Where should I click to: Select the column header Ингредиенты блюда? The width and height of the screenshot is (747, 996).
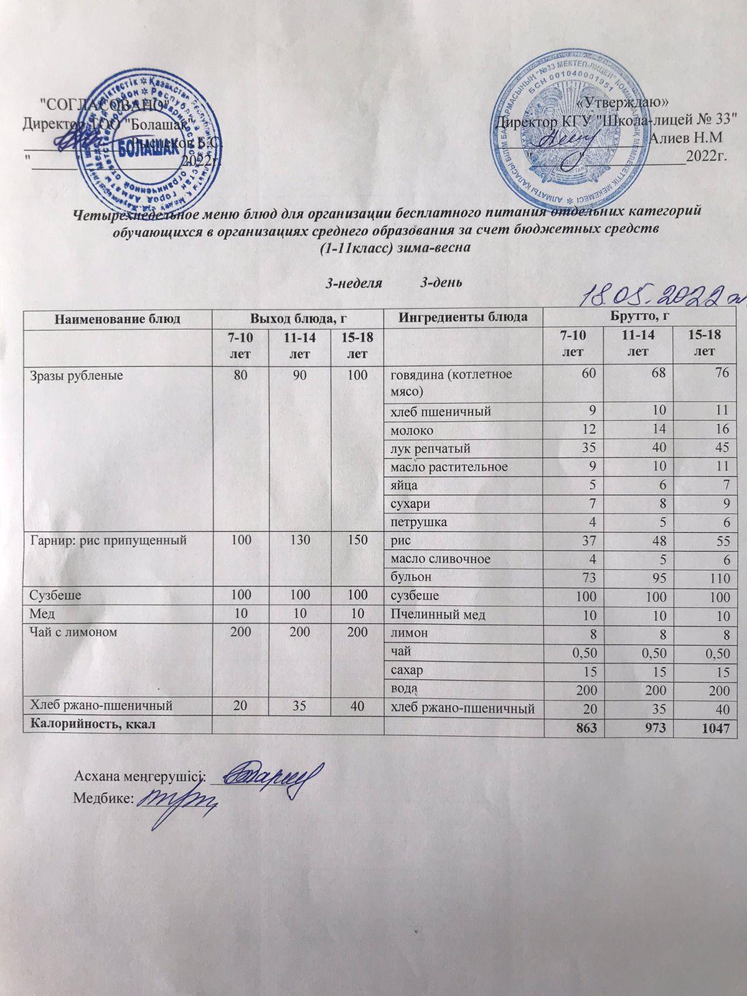[463, 318]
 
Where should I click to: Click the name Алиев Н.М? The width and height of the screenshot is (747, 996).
[685, 139]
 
